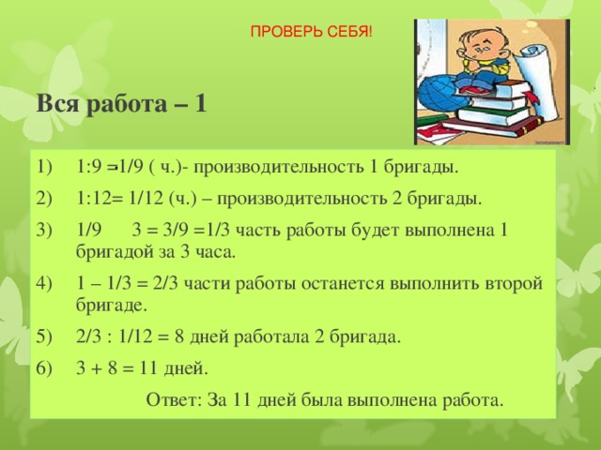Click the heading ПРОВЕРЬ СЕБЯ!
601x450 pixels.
click(x=310, y=33)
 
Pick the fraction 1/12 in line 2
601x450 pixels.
click(x=141, y=200)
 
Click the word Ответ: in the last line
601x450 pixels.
click(x=173, y=399)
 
